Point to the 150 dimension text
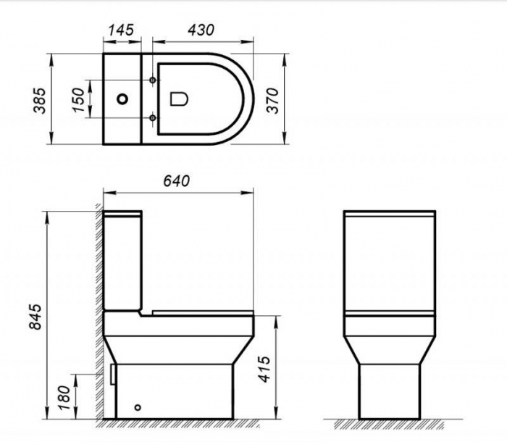point(78,99)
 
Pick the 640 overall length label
point(176,180)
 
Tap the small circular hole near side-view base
point(140,408)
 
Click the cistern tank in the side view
point(123,261)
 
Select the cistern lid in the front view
point(390,215)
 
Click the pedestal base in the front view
point(390,391)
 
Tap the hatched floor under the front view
point(390,423)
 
